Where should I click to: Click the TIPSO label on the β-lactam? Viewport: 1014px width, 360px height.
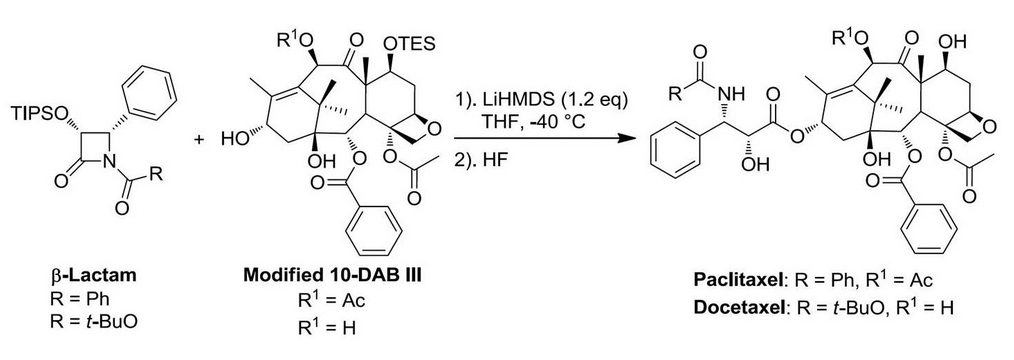coord(39,114)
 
